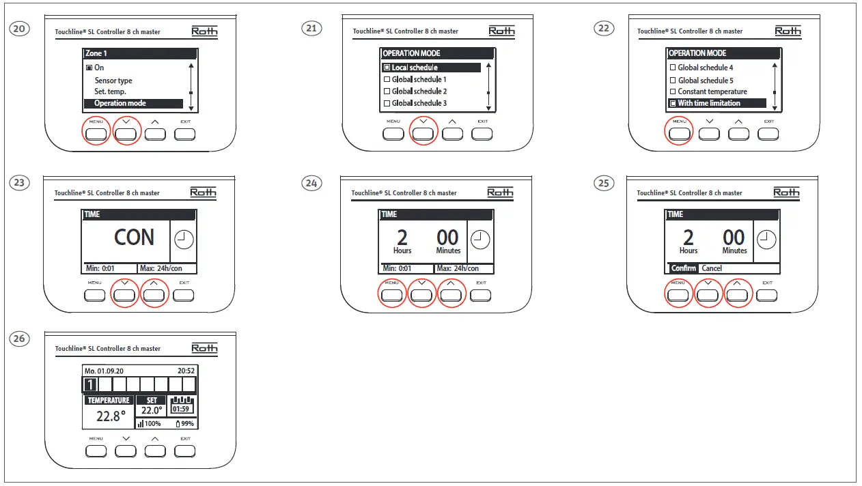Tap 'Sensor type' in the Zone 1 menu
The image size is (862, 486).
(113, 81)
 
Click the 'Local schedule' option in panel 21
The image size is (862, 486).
(415, 68)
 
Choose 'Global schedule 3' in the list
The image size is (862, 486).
(419, 103)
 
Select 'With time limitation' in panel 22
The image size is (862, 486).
(709, 103)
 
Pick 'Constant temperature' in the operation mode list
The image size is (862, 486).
(712, 91)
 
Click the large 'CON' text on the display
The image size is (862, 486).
(134, 238)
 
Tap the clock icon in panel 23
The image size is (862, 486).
(184, 240)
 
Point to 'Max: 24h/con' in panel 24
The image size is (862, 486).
(457, 269)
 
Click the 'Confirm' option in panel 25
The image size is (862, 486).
(683, 268)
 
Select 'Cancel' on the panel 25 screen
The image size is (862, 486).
(712, 268)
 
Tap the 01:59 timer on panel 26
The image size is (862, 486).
(181, 410)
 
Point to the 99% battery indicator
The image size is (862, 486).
(184, 424)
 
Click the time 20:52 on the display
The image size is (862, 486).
(186, 371)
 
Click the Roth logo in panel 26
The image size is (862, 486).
(204, 348)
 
